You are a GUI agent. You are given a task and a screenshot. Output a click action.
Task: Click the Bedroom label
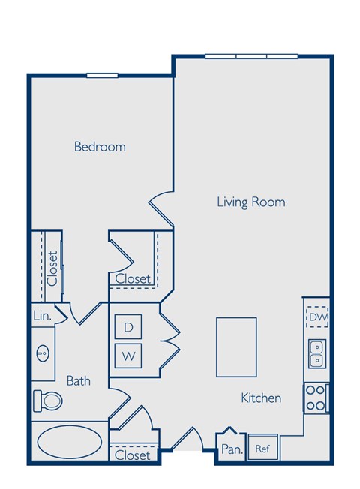(x=100, y=146)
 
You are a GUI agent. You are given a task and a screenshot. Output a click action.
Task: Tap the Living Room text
(x=250, y=202)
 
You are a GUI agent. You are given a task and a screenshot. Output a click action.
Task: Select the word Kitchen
(x=261, y=397)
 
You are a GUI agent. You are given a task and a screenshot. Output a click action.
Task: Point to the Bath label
(x=78, y=380)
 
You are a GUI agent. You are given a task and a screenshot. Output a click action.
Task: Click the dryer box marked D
(x=128, y=326)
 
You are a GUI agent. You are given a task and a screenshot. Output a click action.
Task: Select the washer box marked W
(x=128, y=355)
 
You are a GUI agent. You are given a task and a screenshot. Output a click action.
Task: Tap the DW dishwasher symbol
(x=318, y=316)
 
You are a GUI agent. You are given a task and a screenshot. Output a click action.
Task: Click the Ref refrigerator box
(x=262, y=448)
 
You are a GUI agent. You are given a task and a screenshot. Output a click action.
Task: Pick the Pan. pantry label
(x=229, y=449)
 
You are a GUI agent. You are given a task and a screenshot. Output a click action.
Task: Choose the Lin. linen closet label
(x=42, y=316)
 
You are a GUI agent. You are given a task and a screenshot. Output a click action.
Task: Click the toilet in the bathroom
(x=48, y=400)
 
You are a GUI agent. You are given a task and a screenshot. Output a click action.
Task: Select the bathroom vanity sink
(x=43, y=352)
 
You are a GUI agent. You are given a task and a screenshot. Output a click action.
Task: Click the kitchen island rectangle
(x=236, y=346)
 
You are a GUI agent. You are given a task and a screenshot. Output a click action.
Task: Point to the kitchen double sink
(x=317, y=352)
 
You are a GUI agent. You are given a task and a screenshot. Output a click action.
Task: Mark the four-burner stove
(x=316, y=397)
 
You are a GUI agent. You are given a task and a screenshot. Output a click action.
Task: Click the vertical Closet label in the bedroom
(x=52, y=268)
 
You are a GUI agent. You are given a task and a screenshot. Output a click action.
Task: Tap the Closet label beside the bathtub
(x=133, y=454)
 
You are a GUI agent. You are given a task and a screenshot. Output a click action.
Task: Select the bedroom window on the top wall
(x=102, y=75)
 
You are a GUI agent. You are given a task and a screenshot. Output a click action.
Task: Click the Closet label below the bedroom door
(x=133, y=278)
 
